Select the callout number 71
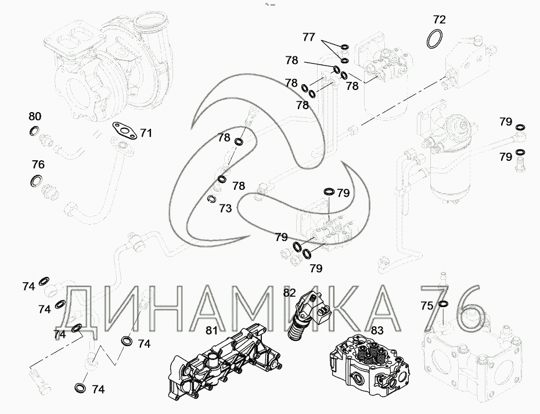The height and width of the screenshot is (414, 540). click(146, 133)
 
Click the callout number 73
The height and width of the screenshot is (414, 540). click(225, 208)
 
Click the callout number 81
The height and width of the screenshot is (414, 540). click(212, 330)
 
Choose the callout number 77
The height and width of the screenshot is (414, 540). click(308, 37)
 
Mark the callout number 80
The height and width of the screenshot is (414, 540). click(35, 116)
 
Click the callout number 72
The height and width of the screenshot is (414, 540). click(439, 20)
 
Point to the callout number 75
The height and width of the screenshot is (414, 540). click(427, 305)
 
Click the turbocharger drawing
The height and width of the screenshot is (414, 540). click(110, 66)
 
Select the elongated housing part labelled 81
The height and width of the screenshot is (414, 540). click(225, 362)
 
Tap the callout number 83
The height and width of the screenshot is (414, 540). click(377, 330)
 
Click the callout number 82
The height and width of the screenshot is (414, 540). click(289, 293)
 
